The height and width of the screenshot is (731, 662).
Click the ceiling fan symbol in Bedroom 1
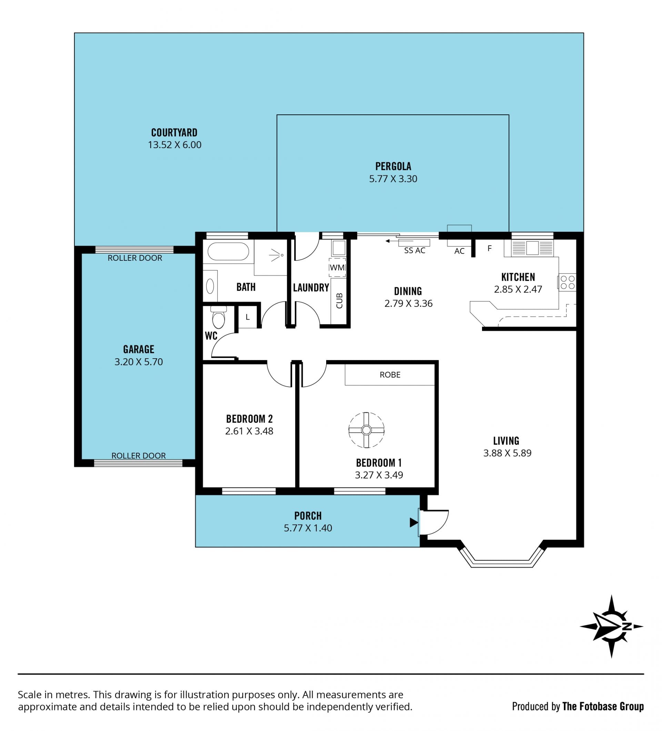[366, 430]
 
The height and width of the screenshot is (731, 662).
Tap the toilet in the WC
[219, 318]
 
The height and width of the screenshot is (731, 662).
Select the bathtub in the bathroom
[228, 251]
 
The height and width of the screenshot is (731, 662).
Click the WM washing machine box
[337, 268]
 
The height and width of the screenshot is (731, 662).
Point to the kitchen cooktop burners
[567, 282]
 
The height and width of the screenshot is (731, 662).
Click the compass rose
[611, 626]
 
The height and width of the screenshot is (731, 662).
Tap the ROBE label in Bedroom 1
[390, 374]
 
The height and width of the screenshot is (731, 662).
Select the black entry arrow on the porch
[414, 523]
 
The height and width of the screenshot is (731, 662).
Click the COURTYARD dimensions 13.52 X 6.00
[174, 145]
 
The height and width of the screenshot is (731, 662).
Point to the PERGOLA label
[393, 166]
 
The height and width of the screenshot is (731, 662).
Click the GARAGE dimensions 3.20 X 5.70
[139, 361]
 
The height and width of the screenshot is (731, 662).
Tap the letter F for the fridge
[490, 248]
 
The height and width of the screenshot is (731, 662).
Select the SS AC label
[415, 250]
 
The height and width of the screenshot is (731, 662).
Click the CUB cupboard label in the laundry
[339, 301]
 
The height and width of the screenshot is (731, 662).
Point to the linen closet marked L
[248, 317]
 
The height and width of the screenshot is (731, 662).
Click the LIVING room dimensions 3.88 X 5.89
[508, 453]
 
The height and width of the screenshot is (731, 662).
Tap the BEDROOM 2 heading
[249, 419]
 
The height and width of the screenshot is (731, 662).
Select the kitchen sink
[533, 248]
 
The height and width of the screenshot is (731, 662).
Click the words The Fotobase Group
[603, 706]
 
